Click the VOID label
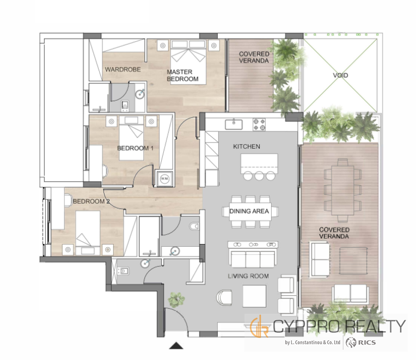click(340, 75)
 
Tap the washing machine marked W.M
click(164, 179)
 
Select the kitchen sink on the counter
click(234, 124)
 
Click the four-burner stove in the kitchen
click(259, 124)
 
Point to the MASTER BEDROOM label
click(182, 75)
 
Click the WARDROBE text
click(123, 70)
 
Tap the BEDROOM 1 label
click(135, 148)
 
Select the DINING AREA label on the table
click(249, 211)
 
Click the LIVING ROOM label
click(248, 276)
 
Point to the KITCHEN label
click(247, 147)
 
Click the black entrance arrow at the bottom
click(176, 345)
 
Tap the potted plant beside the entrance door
click(176, 299)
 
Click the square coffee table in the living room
click(254, 296)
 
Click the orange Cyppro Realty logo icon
click(259, 326)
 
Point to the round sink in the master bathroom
click(140, 94)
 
